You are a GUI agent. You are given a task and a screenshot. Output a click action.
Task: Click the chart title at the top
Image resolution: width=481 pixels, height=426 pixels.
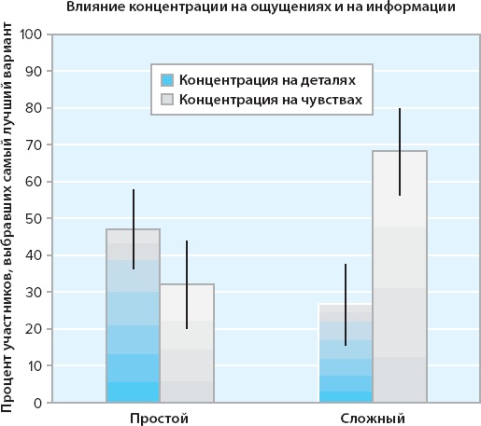(x=262, y=8)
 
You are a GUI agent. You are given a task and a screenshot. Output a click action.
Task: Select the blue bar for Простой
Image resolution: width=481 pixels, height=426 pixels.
(x=133, y=317)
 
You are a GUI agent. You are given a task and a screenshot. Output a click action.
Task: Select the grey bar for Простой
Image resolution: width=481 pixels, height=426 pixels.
(x=187, y=344)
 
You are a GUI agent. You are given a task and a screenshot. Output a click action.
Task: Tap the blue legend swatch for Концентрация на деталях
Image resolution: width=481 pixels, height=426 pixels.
(x=168, y=79)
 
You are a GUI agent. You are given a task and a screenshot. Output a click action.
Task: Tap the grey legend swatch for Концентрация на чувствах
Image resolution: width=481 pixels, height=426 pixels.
(x=168, y=99)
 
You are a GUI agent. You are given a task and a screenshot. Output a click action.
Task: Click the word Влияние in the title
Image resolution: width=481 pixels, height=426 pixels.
(x=94, y=8)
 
